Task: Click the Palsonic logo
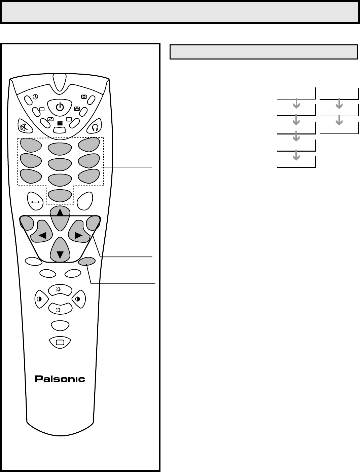[60, 379]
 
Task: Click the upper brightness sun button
[60, 290]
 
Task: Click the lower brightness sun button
[60, 309]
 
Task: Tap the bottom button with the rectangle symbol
[60, 342]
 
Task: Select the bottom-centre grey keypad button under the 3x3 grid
[60, 196]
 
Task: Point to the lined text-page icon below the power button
[60, 123]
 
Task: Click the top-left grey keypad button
[31, 145]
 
